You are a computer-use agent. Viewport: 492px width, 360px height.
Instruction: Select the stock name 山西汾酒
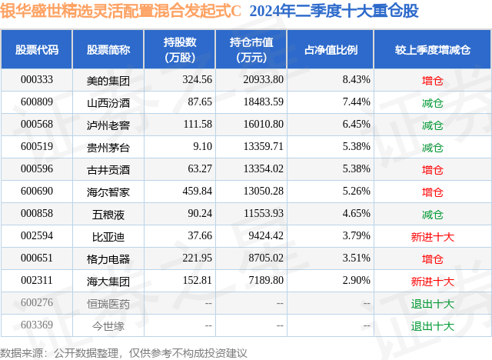pyautogui.click(x=108, y=102)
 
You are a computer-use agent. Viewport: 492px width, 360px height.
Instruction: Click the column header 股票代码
pyautogui.click(x=37, y=50)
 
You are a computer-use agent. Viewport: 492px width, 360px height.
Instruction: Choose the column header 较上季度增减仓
pyautogui.click(x=433, y=50)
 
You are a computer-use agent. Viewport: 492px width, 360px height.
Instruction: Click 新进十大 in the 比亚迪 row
pyautogui.click(x=433, y=237)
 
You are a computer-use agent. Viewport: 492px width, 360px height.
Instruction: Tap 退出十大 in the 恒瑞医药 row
pyautogui.click(x=433, y=304)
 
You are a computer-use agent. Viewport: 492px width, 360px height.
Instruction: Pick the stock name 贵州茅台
pyautogui.click(x=108, y=147)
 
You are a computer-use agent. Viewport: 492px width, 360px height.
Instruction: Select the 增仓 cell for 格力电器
pyautogui.click(x=433, y=259)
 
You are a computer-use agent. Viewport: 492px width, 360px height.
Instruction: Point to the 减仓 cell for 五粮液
pyautogui.click(x=433, y=215)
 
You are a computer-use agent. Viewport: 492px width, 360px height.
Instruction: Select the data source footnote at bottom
pyautogui.click(x=124, y=352)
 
